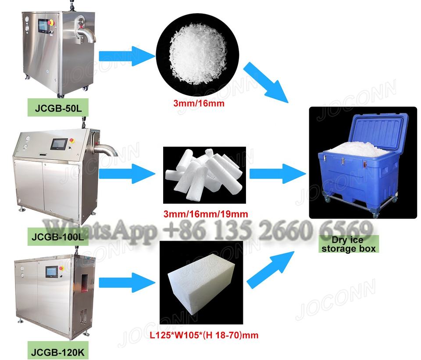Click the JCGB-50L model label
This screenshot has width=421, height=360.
point(51,108)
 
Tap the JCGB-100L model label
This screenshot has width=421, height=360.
point(54,238)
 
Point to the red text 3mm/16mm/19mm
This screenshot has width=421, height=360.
point(205,215)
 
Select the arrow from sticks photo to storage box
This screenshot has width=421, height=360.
point(277,173)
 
